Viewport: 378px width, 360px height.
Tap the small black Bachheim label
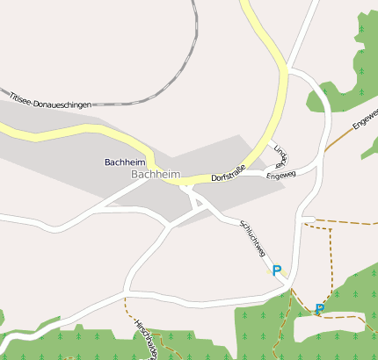[x=124, y=162]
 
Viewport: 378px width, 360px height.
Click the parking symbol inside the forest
[x=319, y=308]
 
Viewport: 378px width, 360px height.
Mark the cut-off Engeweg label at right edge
[x=365, y=121]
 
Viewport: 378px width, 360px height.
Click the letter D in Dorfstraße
[x=214, y=179]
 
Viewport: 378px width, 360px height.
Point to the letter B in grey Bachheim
[x=134, y=176]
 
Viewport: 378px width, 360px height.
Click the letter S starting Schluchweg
[x=240, y=221]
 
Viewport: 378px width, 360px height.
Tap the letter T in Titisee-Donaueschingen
[x=11, y=90]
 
